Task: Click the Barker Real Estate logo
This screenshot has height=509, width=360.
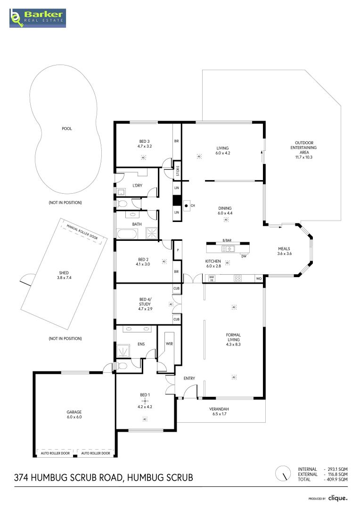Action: pos(38,17)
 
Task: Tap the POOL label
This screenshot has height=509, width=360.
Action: pos(66,128)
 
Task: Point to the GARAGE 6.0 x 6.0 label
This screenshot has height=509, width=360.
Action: pos(74,414)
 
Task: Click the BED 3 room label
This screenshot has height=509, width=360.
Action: pos(145,144)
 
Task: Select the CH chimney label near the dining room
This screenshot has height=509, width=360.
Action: pos(193,206)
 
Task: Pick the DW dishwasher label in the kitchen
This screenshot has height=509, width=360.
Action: pos(244,256)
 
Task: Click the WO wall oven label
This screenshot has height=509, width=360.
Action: pos(259,279)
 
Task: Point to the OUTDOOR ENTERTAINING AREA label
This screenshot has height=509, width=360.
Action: pos(304,150)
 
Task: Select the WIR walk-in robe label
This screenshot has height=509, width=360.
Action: pos(169,344)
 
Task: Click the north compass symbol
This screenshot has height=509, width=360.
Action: pos(283,473)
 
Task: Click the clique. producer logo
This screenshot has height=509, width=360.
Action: pos(337,498)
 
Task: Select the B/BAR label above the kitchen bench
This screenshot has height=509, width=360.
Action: pos(227,240)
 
